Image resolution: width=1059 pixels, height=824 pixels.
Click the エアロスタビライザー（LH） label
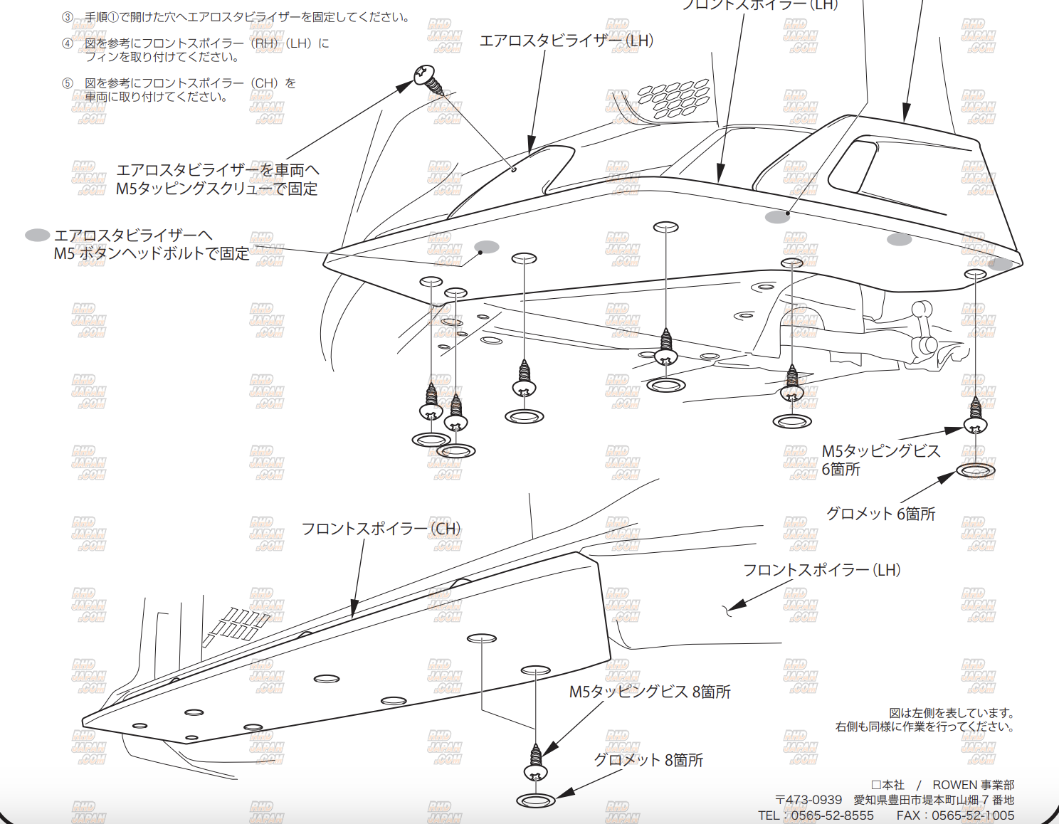point(566,41)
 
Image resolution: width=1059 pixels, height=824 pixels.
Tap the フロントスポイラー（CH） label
point(381,529)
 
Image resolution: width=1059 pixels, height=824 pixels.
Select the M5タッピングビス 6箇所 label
point(880,460)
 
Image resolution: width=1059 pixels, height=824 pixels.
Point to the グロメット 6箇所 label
point(880,514)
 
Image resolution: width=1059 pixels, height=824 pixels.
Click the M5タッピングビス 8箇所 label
point(649,692)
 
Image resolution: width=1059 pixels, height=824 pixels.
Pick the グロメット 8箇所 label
point(648,760)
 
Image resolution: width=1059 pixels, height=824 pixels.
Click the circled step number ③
point(68,17)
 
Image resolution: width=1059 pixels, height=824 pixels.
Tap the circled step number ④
point(68,43)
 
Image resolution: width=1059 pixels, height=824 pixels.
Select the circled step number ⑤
point(68,83)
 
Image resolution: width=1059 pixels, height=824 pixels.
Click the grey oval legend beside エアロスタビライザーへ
point(37,235)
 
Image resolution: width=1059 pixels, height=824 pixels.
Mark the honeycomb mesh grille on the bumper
point(673,98)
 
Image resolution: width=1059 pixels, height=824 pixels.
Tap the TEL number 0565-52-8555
point(832,815)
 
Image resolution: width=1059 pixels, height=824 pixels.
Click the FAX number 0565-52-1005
point(973,815)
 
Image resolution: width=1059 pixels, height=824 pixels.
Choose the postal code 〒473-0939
point(808,800)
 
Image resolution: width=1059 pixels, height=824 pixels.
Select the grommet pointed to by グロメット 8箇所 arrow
point(536,801)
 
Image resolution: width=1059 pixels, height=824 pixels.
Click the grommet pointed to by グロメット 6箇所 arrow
point(975,470)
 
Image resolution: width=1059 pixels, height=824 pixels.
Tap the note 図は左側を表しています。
point(952,713)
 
